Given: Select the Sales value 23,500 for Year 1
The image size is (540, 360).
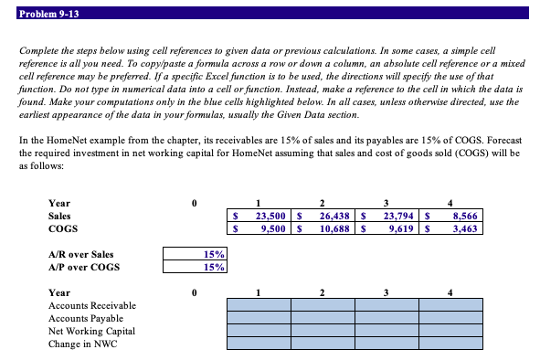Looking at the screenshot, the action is coord(271,216).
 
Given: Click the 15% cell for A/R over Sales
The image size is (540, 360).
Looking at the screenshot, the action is coord(196,254).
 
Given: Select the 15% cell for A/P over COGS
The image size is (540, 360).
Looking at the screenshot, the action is coord(196,267).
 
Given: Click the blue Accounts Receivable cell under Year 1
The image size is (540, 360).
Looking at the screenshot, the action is coord(259,305).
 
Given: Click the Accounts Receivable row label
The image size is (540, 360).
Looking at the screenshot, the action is coord(91,305).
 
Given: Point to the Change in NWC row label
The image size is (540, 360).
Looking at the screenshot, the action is coord(83,344).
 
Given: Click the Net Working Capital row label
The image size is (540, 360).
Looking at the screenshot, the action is coord(90,331).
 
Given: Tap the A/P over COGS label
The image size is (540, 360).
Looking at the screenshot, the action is coord(83,267).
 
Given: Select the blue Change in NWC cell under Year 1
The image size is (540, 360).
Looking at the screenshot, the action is coord(259,344).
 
